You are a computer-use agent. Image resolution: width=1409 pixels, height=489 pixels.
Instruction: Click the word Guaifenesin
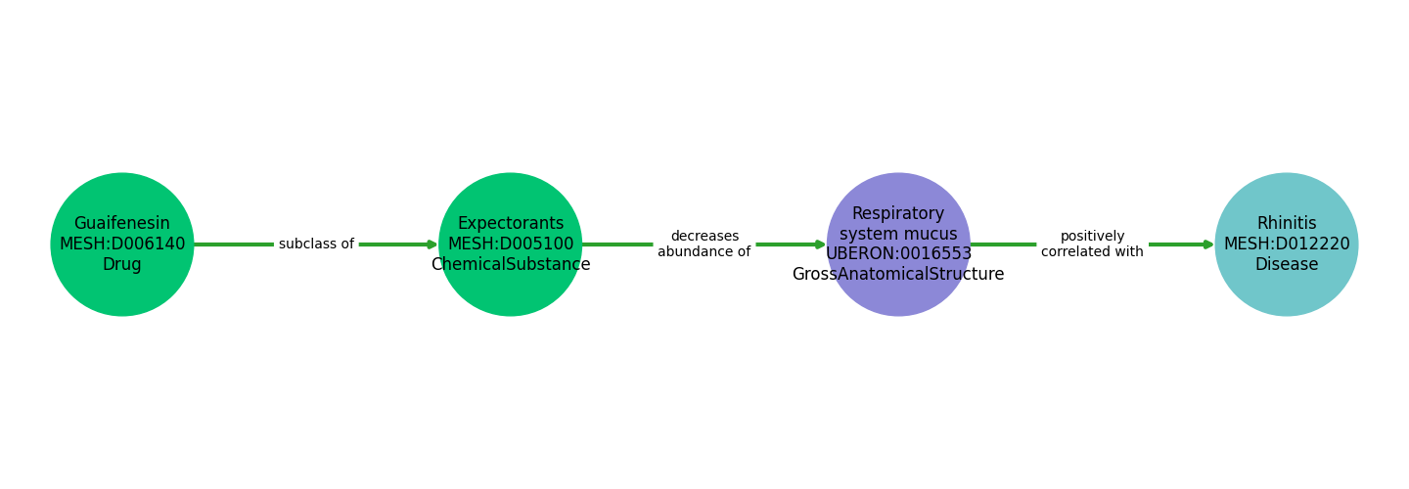(x=122, y=224)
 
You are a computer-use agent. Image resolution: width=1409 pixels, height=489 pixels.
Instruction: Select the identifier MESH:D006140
(x=122, y=244)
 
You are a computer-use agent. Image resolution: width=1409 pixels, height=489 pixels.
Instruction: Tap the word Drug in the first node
(x=122, y=265)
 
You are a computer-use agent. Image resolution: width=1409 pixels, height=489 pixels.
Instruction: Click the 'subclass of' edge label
(x=316, y=244)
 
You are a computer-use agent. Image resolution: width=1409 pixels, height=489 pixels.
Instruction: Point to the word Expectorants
(x=511, y=224)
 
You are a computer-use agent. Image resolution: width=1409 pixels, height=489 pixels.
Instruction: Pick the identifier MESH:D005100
(x=511, y=244)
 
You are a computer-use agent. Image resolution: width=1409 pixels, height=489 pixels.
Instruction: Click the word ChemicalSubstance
(x=511, y=265)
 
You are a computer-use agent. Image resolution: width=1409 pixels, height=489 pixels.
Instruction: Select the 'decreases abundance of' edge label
(x=704, y=244)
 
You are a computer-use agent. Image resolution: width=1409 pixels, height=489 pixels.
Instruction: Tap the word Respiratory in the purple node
(x=898, y=214)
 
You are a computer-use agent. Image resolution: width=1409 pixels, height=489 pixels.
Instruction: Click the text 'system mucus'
(x=898, y=235)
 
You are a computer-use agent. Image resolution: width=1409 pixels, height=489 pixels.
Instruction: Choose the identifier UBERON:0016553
(x=898, y=254)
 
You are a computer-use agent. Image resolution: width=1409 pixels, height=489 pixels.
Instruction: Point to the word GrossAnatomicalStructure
(x=898, y=275)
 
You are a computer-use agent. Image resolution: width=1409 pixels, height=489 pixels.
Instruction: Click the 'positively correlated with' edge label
(x=1092, y=244)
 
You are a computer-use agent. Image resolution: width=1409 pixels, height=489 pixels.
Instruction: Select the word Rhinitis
(x=1287, y=224)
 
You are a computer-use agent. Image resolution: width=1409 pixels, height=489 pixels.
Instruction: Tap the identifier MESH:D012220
(x=1287, y=244)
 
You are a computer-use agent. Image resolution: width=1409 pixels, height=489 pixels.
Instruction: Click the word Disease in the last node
(x=1287, y=265)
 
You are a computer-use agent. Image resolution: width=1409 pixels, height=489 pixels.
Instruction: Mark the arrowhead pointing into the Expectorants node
(x=432, y=244)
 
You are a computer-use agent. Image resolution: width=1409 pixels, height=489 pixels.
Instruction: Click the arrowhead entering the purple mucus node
(x=820, y=244)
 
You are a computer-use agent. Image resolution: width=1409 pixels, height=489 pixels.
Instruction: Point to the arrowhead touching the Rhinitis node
(x=1208, y=244)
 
